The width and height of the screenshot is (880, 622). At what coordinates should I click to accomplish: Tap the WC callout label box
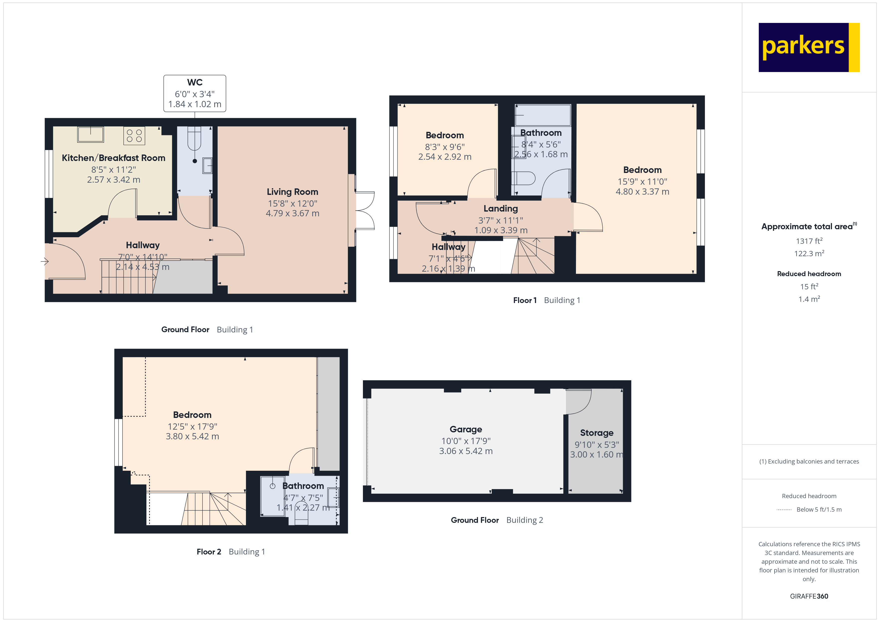pos(195,93)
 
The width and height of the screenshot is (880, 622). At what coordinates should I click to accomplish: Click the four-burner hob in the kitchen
pos(134,136)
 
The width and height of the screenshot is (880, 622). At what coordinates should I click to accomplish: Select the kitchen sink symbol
pos(91,134)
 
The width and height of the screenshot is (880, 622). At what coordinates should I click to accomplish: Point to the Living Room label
pos(292,192)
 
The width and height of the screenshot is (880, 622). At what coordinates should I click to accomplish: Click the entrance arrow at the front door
pos(44,262)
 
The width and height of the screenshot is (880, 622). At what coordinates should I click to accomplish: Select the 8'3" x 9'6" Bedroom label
pos(444,135)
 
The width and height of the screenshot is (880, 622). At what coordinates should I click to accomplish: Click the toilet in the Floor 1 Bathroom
pos(524,178)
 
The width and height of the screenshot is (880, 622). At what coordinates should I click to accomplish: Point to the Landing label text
pos(501,209)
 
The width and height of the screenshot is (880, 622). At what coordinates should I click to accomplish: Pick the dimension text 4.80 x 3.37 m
pos(642,191)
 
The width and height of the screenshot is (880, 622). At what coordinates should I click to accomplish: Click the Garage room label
pos(466,429)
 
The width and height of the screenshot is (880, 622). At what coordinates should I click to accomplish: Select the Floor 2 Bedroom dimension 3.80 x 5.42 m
pos(192,437)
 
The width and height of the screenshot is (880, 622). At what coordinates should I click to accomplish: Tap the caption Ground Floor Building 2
pos(497,520)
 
